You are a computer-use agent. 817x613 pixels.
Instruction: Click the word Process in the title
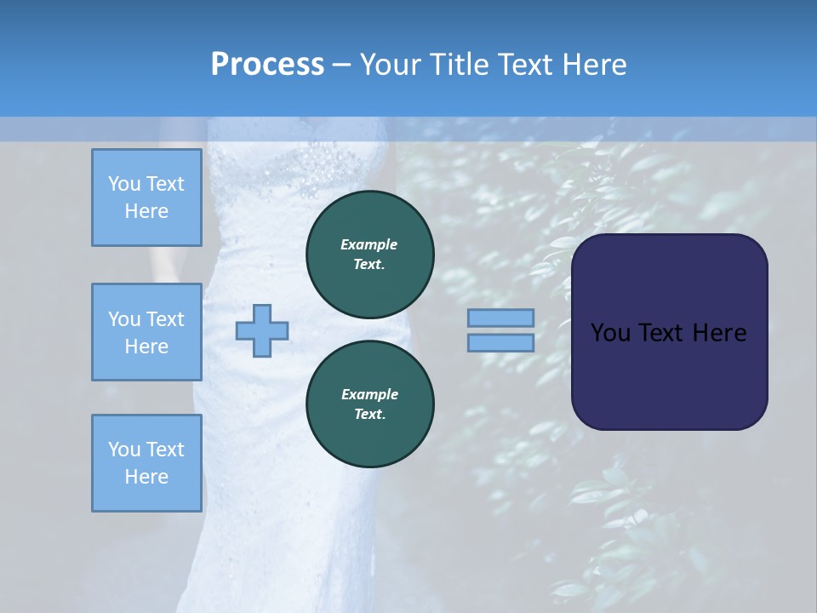(x=267, y=65)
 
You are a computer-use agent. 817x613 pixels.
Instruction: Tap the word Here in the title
(x=593, y=65)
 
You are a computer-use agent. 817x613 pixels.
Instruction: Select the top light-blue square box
(x=146, y=198)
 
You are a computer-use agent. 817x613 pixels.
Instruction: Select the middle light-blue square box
(x=146, y=332)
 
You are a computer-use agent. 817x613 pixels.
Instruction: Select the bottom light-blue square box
(x=146, y=463)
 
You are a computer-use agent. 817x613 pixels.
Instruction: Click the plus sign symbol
(x=262, y=330)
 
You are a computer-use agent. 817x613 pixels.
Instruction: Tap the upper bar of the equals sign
(x=500, y=318)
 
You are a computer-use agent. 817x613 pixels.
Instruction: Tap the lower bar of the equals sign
(x=500, y=342)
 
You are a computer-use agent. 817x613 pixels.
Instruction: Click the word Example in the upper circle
(x=369, y=244)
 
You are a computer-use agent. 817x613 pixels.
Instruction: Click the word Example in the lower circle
(x=369, y=394)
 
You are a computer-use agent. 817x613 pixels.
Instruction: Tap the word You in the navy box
(x=608, y=333)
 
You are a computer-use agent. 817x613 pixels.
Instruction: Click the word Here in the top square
(x=146, y=211)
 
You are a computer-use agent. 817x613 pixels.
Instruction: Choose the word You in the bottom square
(x=124, y=450)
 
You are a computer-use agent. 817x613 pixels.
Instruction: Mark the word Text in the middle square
(x=165, y=319)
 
